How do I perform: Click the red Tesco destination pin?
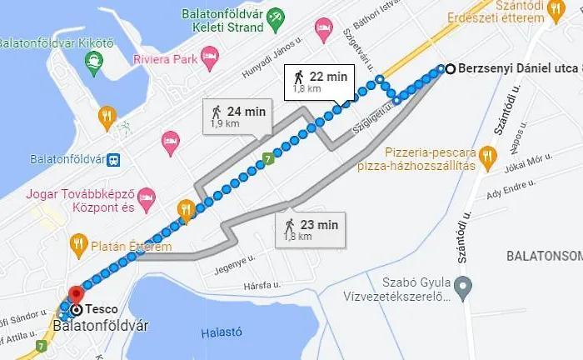point(76,295)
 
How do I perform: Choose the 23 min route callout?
point(310,228)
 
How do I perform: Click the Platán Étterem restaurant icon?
point(79,244)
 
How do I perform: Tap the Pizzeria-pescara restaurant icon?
point(488,154)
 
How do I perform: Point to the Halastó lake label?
point(221,332)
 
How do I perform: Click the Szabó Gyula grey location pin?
point(466,287)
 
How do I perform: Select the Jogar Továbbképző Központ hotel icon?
point(147,199)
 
